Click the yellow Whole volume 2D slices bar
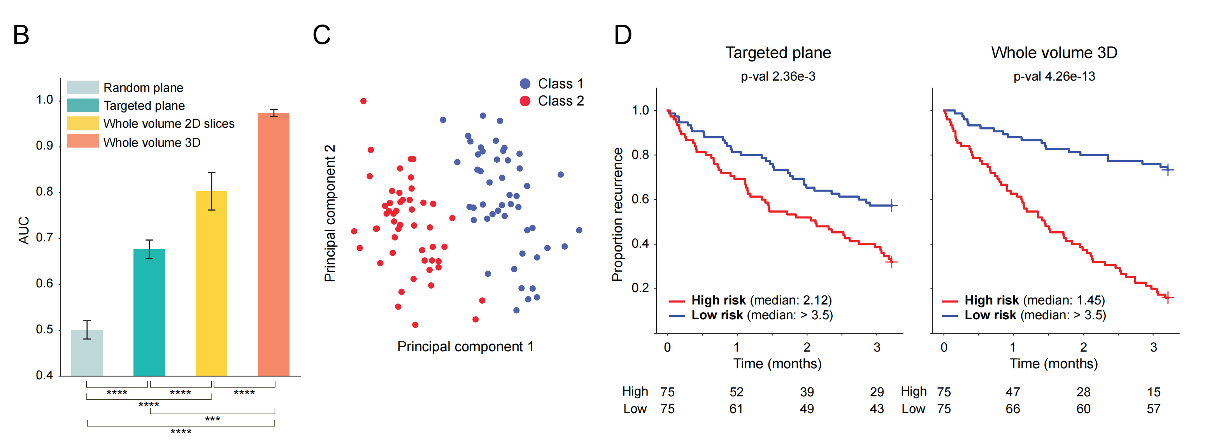[x=211, y=283]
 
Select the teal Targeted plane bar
[x=149, y=312]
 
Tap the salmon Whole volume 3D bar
[x=274, y=244]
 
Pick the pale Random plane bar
[x=87, y=352]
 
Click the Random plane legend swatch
[x=83, y=88]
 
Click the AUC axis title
[x=24, y=230]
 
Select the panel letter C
[x=321, y=35]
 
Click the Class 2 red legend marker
[x=525, y=101]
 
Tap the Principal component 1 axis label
[x=465, y=347]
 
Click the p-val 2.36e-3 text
[x=778, y=76]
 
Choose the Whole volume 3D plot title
[x=1054, y=53]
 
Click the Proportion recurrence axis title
[x=618, y=215]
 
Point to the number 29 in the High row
[x=877, y=392]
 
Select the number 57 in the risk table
[x=1153, y=409]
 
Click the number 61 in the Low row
[x=736, y=409]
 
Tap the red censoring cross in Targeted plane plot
[x=891, y=262]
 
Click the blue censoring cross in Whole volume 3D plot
[x=1168, y=169]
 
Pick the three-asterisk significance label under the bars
[x=212, y=419]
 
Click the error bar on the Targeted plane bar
[x=149, y=249]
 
